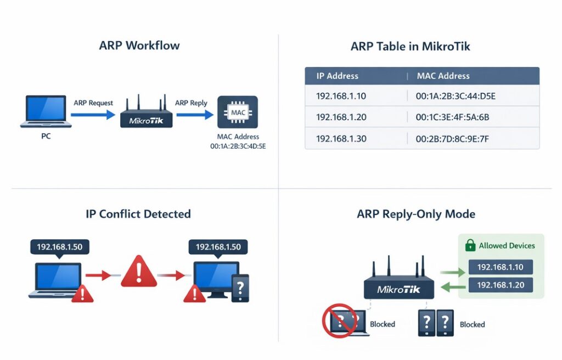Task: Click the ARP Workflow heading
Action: pyautogui.click(x=139, y=46)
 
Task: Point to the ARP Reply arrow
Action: pyautogui.click(x=194, y=115)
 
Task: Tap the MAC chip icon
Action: pyautogui.click(x=238, y=113)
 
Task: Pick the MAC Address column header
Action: pyautogui.click(x=443, y=76)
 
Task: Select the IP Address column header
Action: pyautogui.click(x=337, y=76)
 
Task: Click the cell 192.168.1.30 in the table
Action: pyautogui.click(x=341, y=139)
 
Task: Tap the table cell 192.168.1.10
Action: pyautogui.click(x=341, y=97)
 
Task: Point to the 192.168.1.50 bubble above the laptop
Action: pyautogui.click(x=59, y=247)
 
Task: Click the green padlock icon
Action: pyautogui.click(x=470, y=245)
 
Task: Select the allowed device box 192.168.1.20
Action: pyautogui.click(x=500, y=285)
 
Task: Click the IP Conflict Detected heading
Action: pyautogui.click(x=138, y=213)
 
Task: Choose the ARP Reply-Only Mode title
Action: pyautogui.click(x=415, y=213)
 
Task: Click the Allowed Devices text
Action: pyautogui.click(x=507, y=245)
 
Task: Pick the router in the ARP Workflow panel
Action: pyautogui.click(x=146, y=114)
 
